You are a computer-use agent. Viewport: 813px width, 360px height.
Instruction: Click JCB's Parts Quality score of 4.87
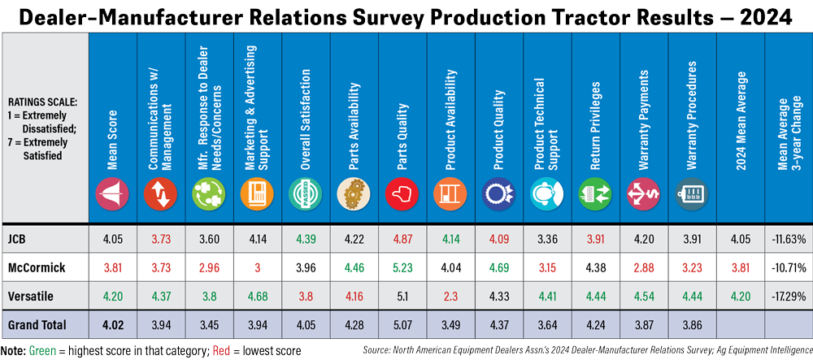398,238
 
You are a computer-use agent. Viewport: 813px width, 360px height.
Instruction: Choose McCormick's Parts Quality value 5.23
398,267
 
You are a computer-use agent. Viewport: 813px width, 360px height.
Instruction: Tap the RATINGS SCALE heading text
44,103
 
